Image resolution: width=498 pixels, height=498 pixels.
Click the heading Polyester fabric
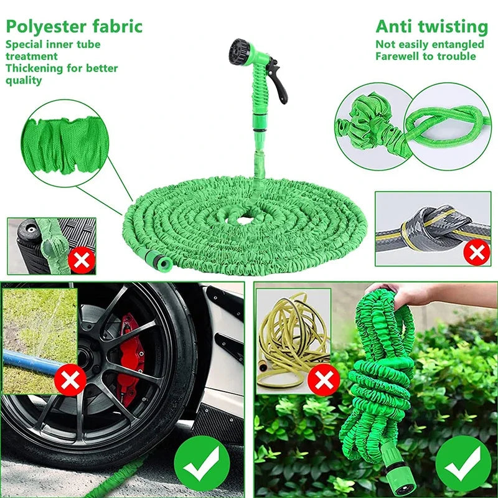(74, 27)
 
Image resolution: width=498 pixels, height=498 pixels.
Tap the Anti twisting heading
(431, 27)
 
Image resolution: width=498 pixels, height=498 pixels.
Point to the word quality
(24, 80)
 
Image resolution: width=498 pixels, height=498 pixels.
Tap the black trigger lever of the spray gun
(281, 85)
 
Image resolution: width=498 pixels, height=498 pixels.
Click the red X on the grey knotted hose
(477, 253)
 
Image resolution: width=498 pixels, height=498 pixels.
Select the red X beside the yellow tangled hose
(324, 380)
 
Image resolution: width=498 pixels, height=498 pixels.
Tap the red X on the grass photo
(70, 380)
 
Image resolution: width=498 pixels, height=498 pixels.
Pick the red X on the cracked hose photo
(80, 260)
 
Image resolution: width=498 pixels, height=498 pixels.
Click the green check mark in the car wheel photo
(202, 464)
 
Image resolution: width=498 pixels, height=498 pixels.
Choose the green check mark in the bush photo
(463, 464)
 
